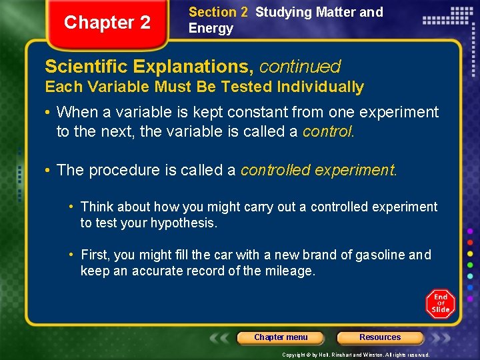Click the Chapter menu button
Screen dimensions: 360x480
click(281, 337)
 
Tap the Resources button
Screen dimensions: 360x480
click(380, 337)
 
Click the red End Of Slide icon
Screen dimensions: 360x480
click(440, 303)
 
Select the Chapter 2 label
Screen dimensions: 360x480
click(107, 23)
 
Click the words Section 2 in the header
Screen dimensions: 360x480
click(218, 12)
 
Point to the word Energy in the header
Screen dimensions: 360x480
click(211, 28)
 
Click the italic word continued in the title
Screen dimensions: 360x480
click(299, 67)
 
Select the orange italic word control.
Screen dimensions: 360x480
click(328, 131)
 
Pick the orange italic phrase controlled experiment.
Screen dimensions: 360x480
click(318, 170)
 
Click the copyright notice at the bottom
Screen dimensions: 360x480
click(355, 355)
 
